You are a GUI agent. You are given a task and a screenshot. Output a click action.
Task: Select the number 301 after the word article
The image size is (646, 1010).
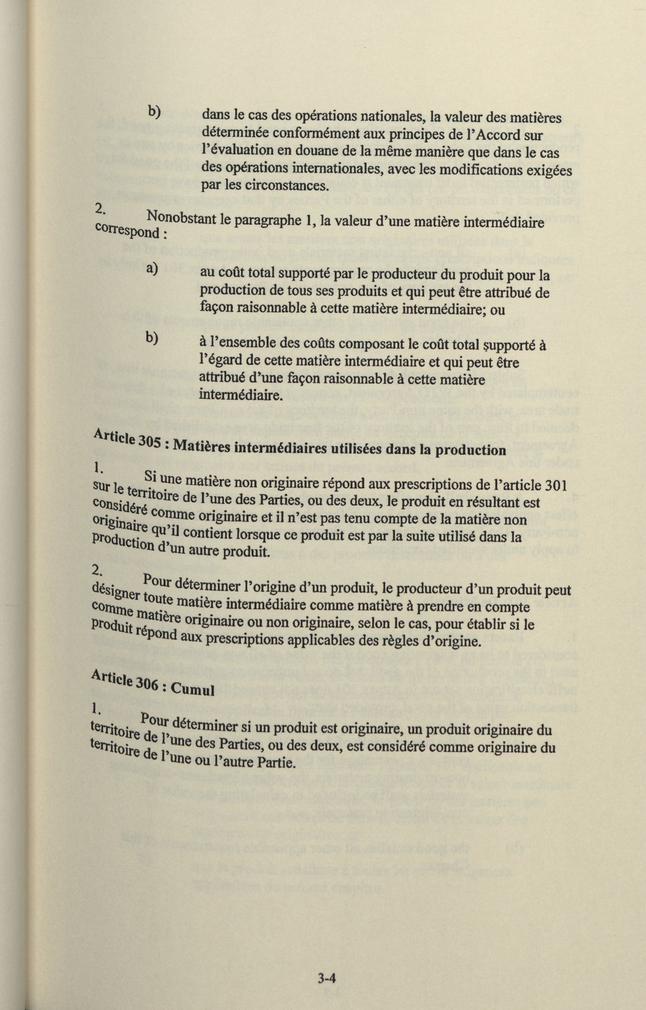coord(555,485)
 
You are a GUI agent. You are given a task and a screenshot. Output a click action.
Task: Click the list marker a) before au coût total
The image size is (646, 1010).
coord(151,269)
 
